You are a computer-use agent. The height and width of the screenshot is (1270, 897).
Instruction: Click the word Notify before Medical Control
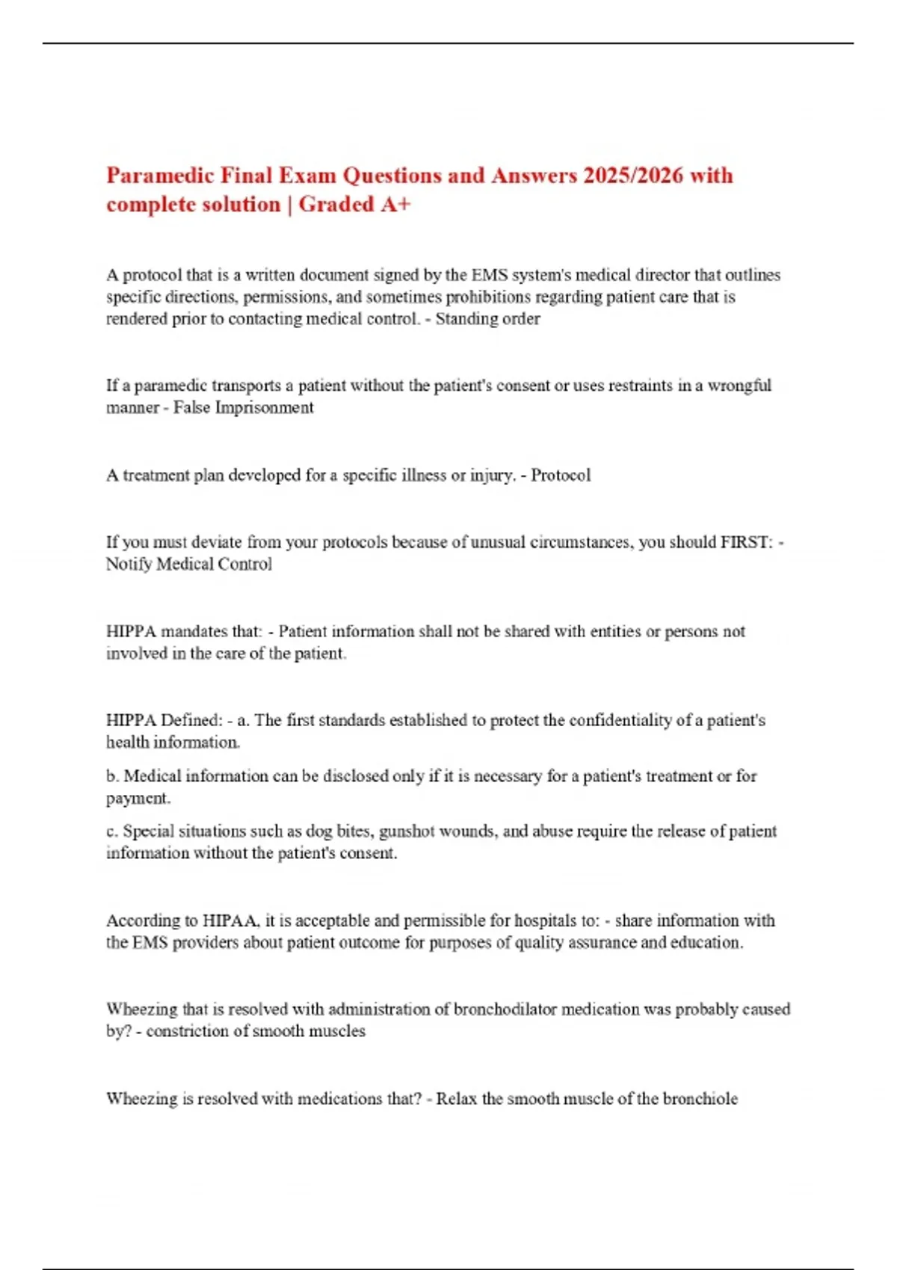[x=129, y=564]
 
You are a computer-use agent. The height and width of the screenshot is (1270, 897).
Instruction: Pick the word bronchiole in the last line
[x=700, y=1099]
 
